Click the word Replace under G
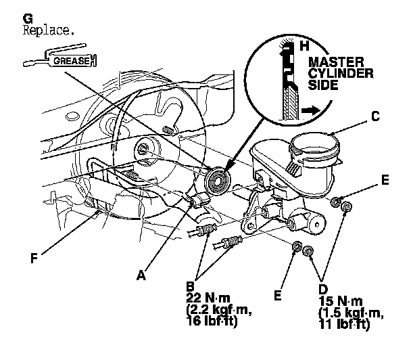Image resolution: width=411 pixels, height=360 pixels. (49, 31)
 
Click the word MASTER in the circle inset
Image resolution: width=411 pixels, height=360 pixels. (335, 63)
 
